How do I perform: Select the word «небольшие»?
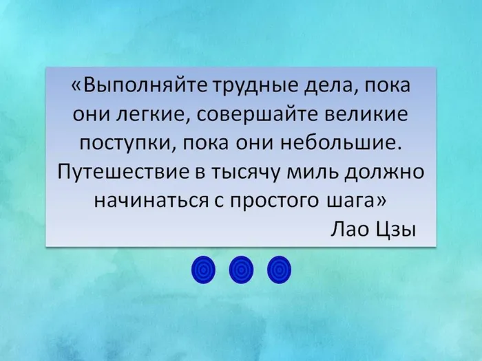(x=341, y=143)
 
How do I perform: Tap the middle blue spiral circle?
(x=241, y=270)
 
